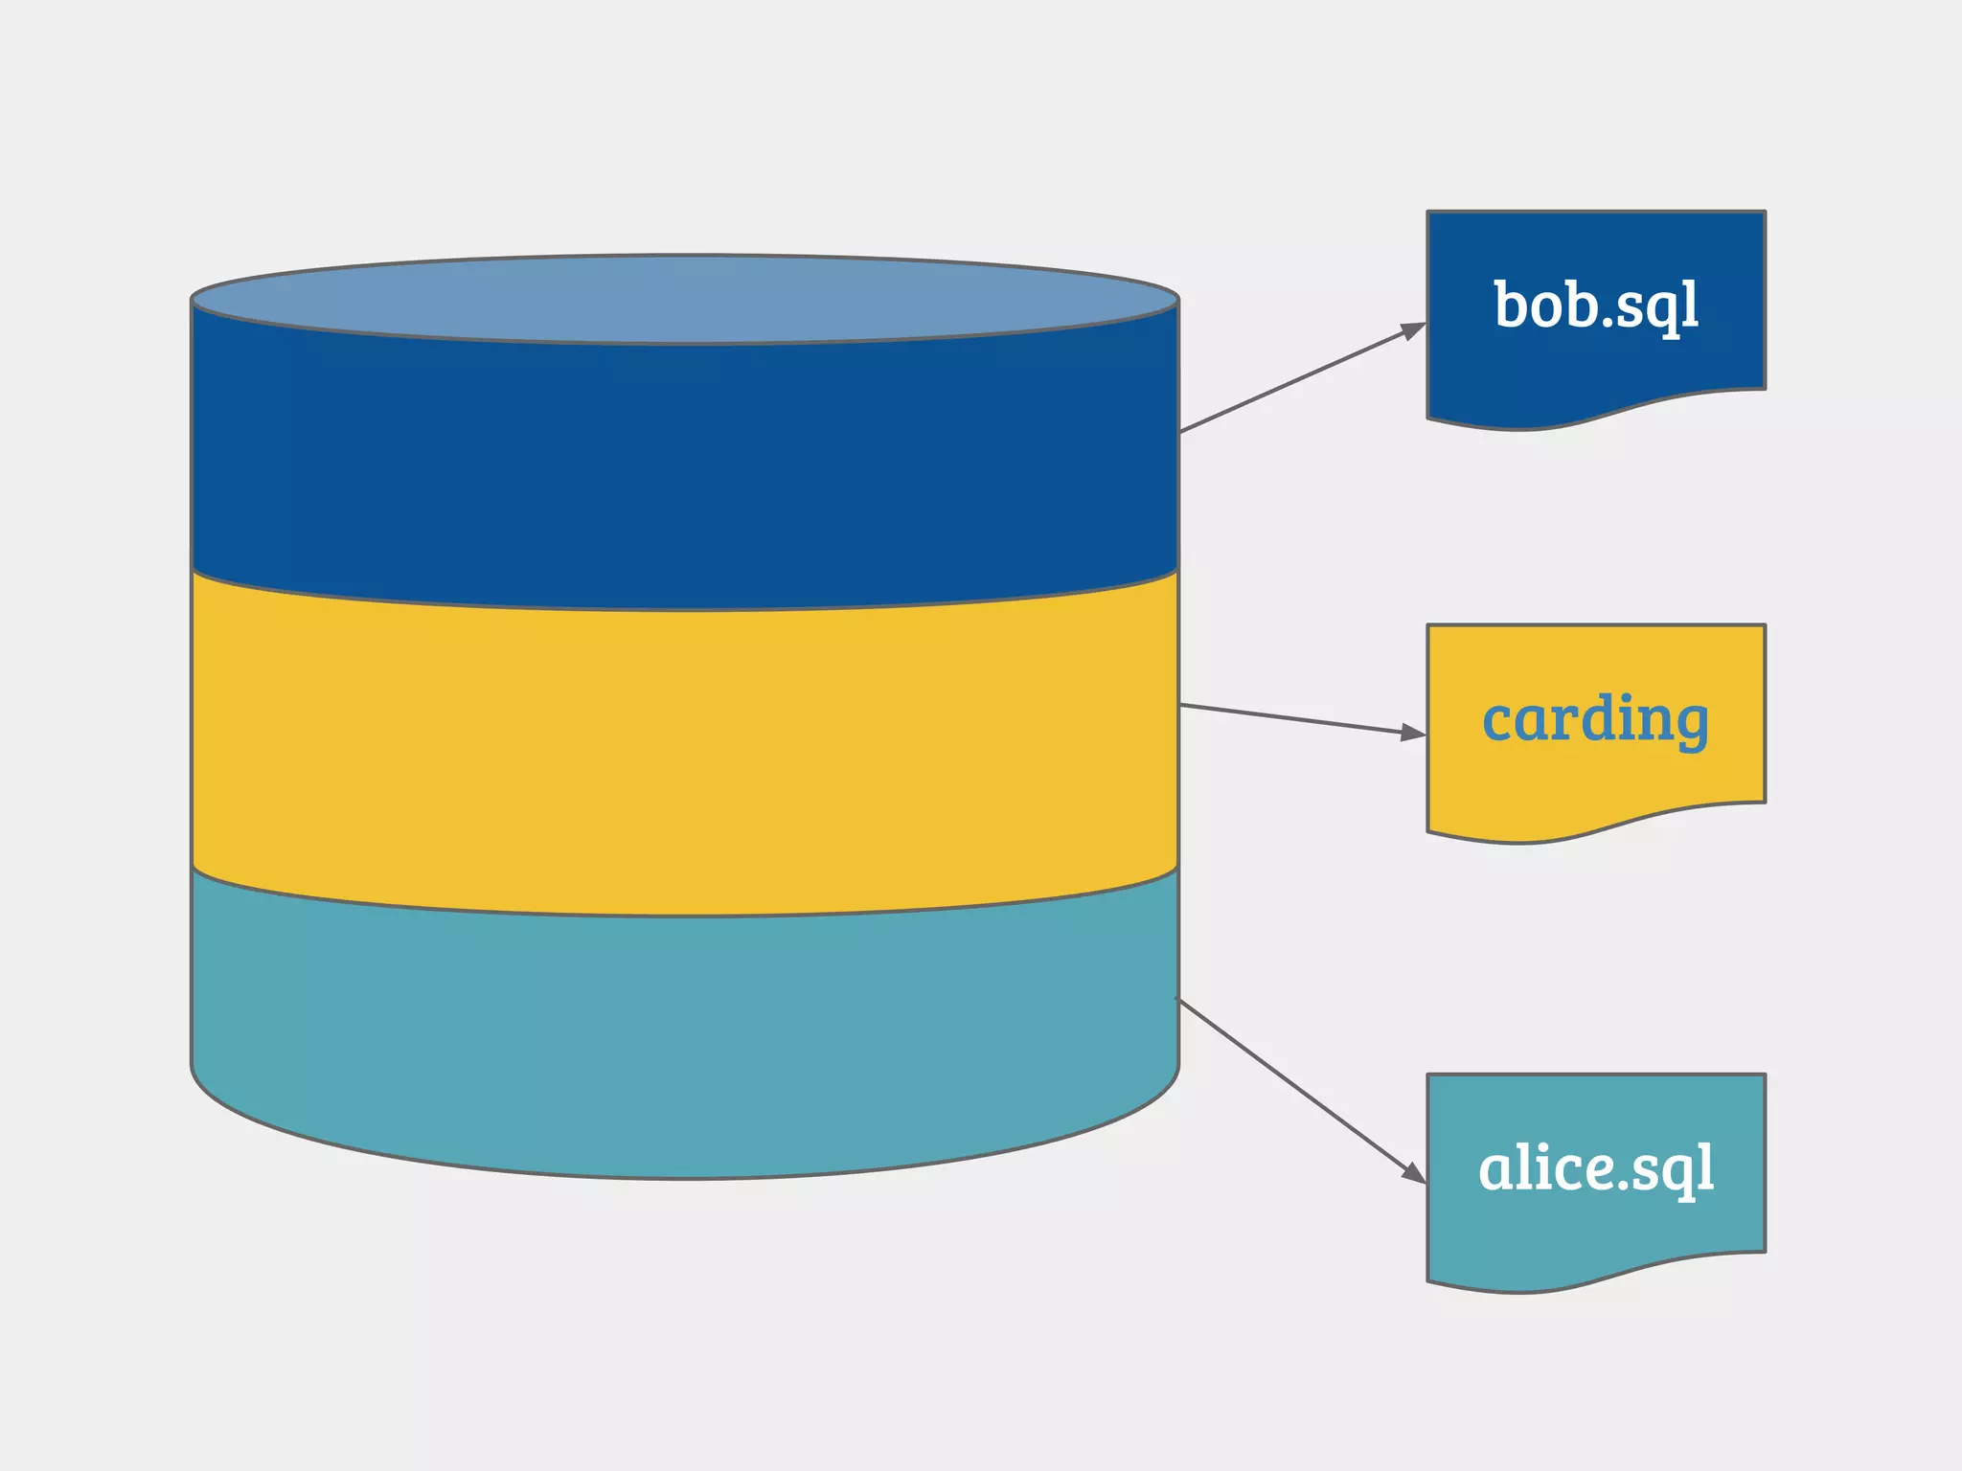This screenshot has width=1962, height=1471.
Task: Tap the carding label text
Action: click(x=1595, y=719)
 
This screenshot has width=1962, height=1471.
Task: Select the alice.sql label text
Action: click(x=1596, y=1167)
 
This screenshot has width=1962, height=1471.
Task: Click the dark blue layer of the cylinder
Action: click(x=684, y=460)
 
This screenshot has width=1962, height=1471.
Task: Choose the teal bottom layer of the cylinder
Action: click(x=684, y=1044)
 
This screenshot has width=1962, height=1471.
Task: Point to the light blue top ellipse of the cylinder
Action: click(x=684, y=299)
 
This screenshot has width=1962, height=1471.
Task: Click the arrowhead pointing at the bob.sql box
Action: click(x=1414, y=330)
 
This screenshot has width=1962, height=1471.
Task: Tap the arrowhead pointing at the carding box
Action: click(x=1414, y=734)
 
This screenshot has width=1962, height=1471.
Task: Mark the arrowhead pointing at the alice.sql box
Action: click(x=1414, y=1173)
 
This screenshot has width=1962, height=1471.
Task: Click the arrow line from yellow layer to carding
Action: click(x=1293, y=718)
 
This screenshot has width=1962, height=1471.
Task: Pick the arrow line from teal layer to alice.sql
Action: click(x=1293, y=1085)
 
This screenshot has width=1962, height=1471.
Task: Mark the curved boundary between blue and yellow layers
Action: click(x=684, y=609)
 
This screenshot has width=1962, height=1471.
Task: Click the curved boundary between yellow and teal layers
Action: click(x=684, y=916)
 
